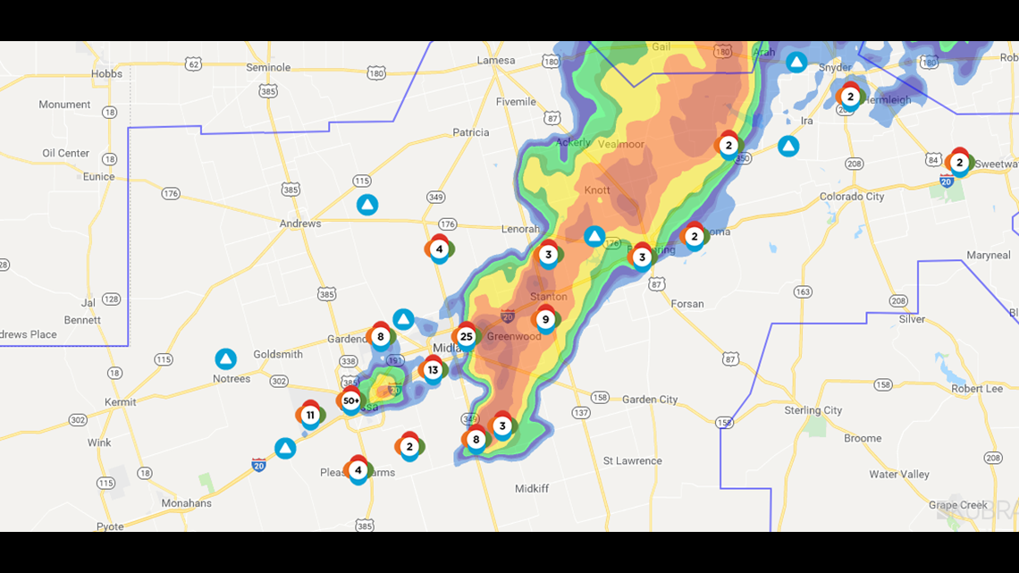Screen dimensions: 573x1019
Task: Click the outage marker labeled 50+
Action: click(x=350, y=401)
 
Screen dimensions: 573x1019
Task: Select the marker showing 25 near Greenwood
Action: click(x=466, y=336)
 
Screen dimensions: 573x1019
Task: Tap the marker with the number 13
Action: click(x=433, y=369)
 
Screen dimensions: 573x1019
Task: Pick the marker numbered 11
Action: click(x=310, y=415)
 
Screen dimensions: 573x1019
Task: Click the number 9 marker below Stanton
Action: click(x=545, y=319)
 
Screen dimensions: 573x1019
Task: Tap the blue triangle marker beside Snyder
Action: click(x=796, y=63)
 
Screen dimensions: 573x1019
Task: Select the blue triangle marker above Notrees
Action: click(x=226, y=359)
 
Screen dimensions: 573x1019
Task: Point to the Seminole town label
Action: click(x=268, y=67)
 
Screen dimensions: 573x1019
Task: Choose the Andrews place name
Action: click(x=300, y=223)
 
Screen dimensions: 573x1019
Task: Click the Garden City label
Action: click(x=650, y=400)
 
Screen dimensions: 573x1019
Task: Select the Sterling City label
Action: click(x=813, y=410)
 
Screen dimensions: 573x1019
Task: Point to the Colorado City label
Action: click(x=852, y=197)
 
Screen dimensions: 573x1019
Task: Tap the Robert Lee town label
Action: click(x=977, y=389)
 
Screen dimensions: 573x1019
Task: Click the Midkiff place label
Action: click(x=532, y=489)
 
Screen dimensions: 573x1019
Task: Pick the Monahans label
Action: click(x=186, y=503)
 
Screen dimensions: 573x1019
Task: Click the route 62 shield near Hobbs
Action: click(x=193, y=63)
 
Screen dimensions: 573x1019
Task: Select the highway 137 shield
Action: click(x=581, y=413)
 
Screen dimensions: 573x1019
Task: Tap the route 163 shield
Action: click(x=803, y=292)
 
